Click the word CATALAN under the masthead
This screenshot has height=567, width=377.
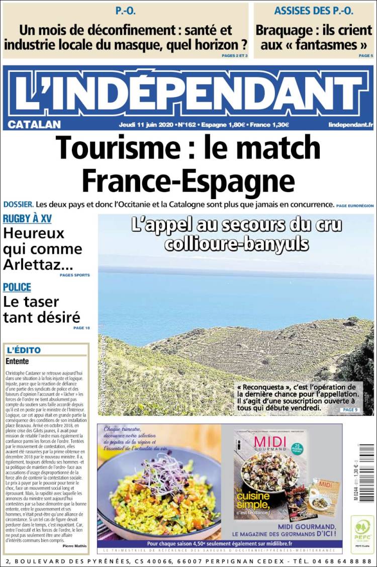tap(34, 124)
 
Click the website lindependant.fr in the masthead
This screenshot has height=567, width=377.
tap(350, 124)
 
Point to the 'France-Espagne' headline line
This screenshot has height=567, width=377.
tap(188, 178)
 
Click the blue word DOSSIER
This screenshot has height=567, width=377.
tap(19, 205)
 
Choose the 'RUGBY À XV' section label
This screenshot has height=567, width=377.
tap(27, 219)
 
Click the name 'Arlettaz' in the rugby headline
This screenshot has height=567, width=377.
tap(37, 264)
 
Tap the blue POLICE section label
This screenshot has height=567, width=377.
tap(17, 287)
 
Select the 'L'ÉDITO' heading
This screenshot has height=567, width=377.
tap(24, 350)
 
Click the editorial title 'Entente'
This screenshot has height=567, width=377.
tap(17, 361)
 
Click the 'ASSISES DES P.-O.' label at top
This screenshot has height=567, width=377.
tap(314, 11)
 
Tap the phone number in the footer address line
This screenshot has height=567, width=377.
tap(341, 560)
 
